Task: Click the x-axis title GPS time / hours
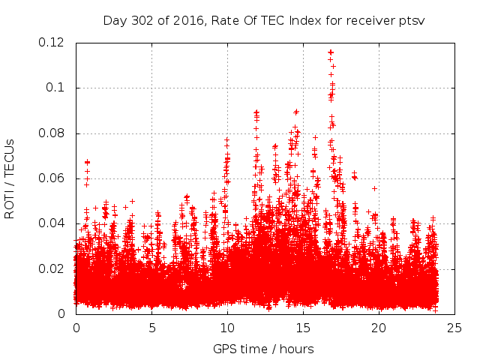click(x=263, y=349)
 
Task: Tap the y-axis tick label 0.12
click(x=53, y=43)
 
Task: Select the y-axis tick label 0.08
click(x=53, y=133)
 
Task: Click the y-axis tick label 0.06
click(x=53, y=178)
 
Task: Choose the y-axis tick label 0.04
click(x=53, y=223)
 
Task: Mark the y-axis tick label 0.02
click(x=53, y=268)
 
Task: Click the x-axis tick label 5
click(x=151, y=328)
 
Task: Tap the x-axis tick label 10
click(x=227, y=328)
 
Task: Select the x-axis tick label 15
click(x=303, y=328)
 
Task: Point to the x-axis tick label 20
click(x=379, y=328)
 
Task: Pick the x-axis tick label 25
click(x=454, y=328)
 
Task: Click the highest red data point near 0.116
click(x=331, y=52)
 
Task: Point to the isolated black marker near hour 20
click(x=374, y=188)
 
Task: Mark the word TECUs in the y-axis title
click(x=9, y=157)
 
